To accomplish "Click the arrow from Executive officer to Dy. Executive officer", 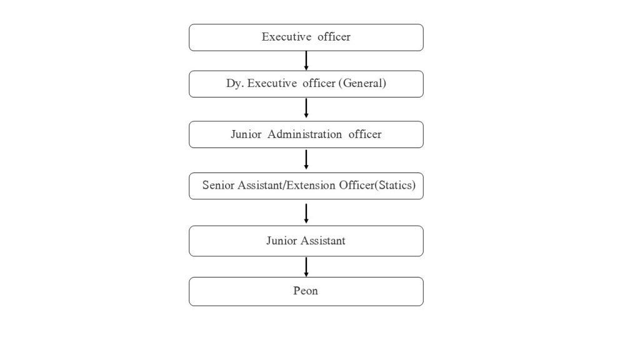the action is [x=306, y=61].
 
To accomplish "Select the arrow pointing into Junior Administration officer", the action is [x=306, y=108].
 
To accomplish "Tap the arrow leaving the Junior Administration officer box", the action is [x=306, y=159].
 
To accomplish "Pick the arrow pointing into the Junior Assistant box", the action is [x=306, y=214].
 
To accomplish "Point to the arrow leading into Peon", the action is [x=306, y=267].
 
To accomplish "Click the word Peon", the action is [x=305, y=291].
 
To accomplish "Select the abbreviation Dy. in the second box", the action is [x=235, y=84].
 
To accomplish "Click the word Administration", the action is [x=304, y=134].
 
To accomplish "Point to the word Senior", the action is [x=218, y=185].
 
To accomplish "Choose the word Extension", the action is [x=311, y=185].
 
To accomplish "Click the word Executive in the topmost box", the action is [x=286, y=37].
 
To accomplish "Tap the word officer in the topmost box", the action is [x=334, y=37].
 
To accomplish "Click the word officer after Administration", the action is [x=365, y=134].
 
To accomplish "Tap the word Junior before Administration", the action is [x=246, y=134].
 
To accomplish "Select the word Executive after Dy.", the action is [x=272, y=83].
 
